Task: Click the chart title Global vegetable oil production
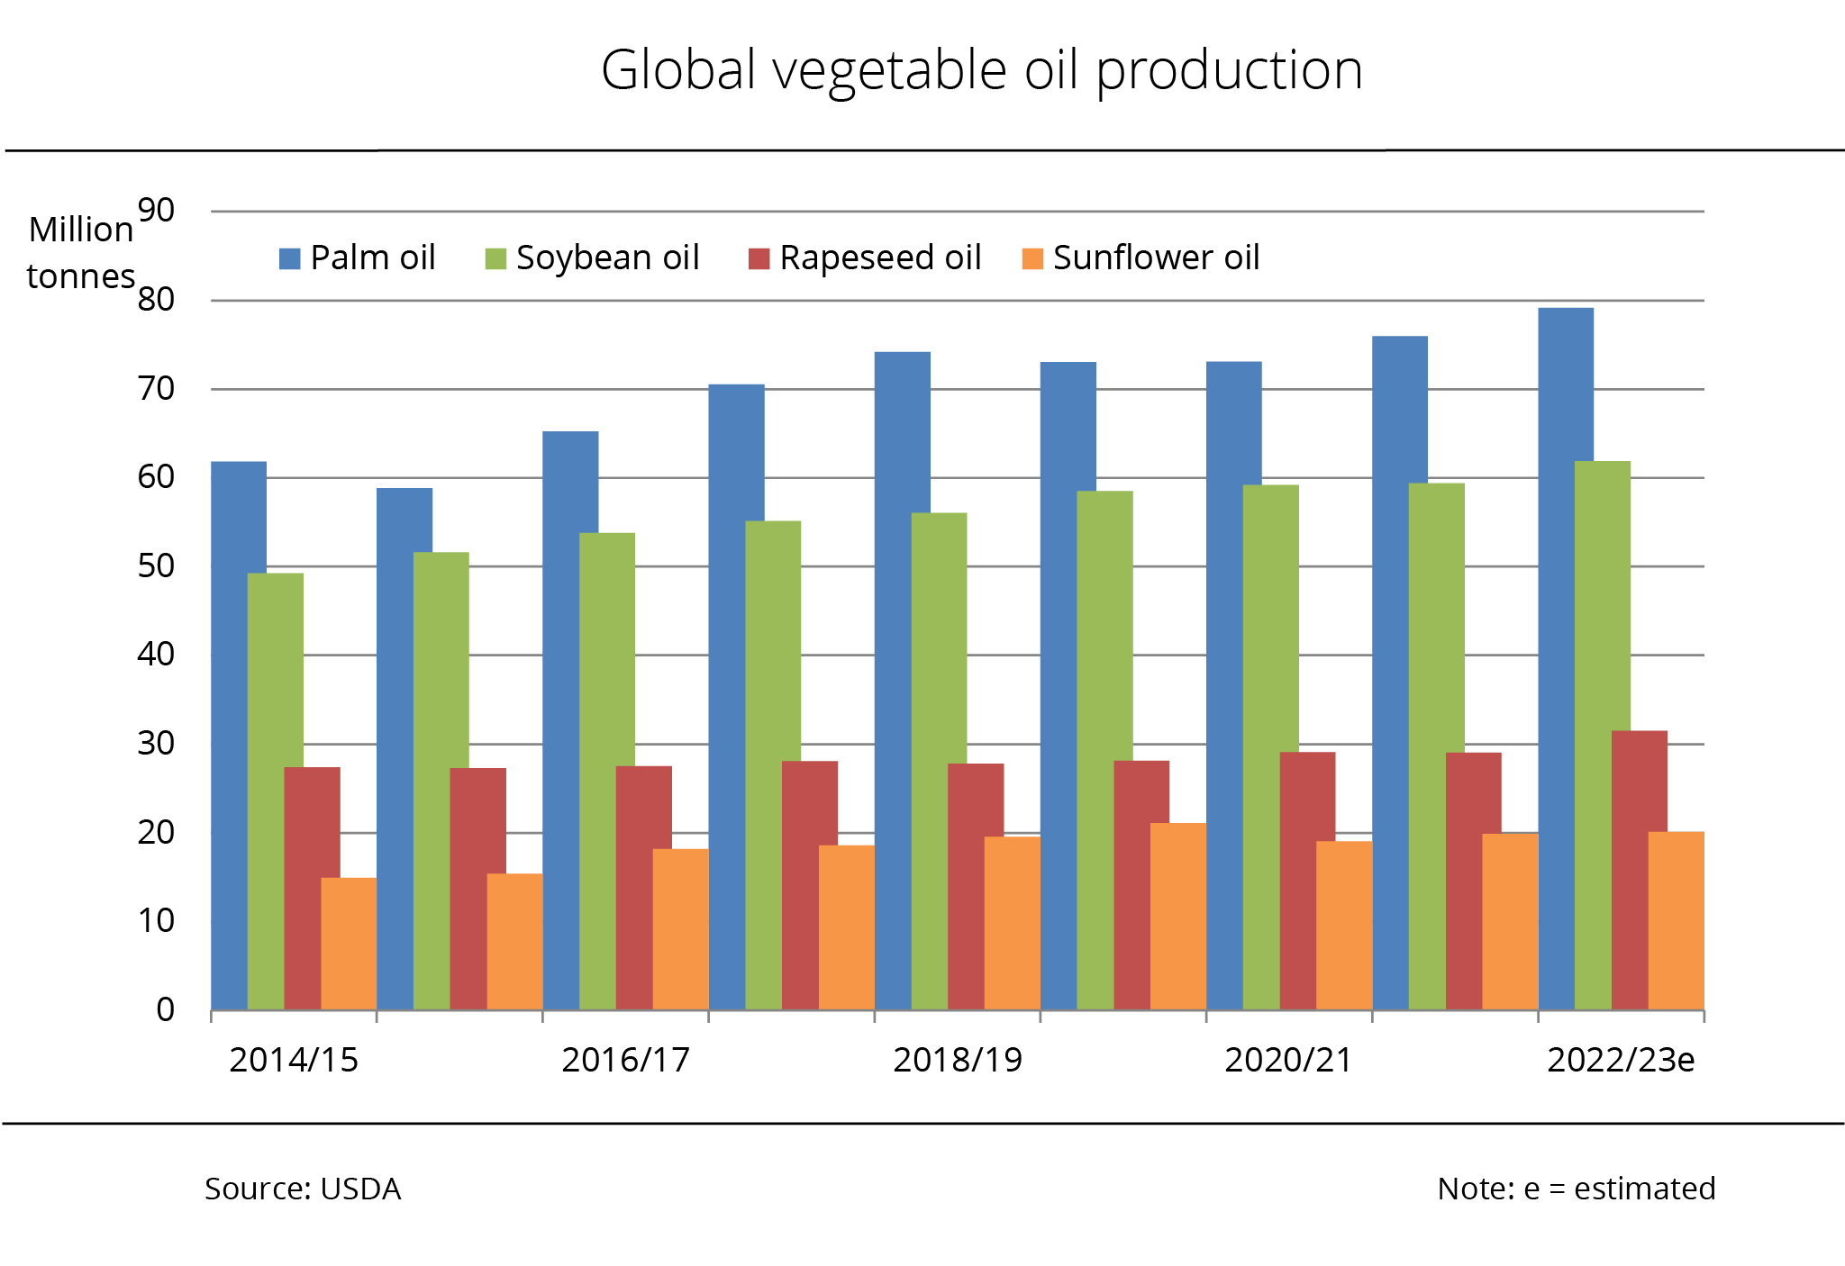tap(981, 70)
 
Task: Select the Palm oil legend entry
tap(358, 258)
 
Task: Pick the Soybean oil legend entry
tap(593, 258)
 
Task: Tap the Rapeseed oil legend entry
tap(865, 258)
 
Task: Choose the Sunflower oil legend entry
tap(1141, 258)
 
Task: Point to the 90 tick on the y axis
tap(156, 211)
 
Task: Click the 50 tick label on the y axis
tap(156, 566)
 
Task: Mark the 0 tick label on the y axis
tap(165, 1010)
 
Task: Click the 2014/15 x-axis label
tap(294, 1061)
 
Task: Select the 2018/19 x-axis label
tap(958, 1061)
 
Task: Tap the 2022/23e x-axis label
tap(1621, 1061)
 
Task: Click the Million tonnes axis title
tap(81, 253)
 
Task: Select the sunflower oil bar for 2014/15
tap(349, 944)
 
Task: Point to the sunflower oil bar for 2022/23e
tap(1677, 920)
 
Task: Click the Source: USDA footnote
tap(303, 1189)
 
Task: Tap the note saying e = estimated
tap(1577, 1189)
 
